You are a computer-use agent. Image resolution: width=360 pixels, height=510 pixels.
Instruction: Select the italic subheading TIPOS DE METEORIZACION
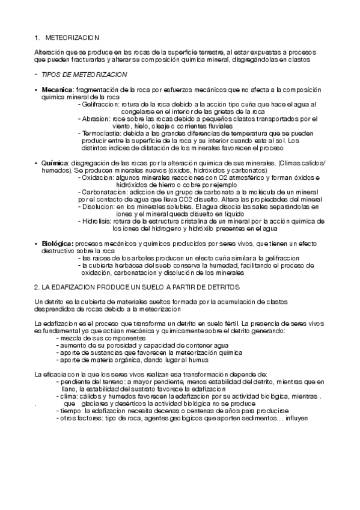pos(84,74)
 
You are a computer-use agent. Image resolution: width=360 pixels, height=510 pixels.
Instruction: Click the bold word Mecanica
pos(54,89)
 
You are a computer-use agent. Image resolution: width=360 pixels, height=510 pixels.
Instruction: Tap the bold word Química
pos(54,163)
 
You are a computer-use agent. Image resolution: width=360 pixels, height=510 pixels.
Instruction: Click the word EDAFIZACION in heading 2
pos(72,287)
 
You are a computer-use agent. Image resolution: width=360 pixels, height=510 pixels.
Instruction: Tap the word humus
pos(198,360)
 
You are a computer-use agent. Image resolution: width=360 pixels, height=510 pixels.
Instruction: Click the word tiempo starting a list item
pos(69,410)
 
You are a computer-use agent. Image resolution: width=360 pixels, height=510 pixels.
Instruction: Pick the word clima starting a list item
pos(66,396)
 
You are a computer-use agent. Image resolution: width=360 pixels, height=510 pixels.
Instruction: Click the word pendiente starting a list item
pos(73,381)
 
